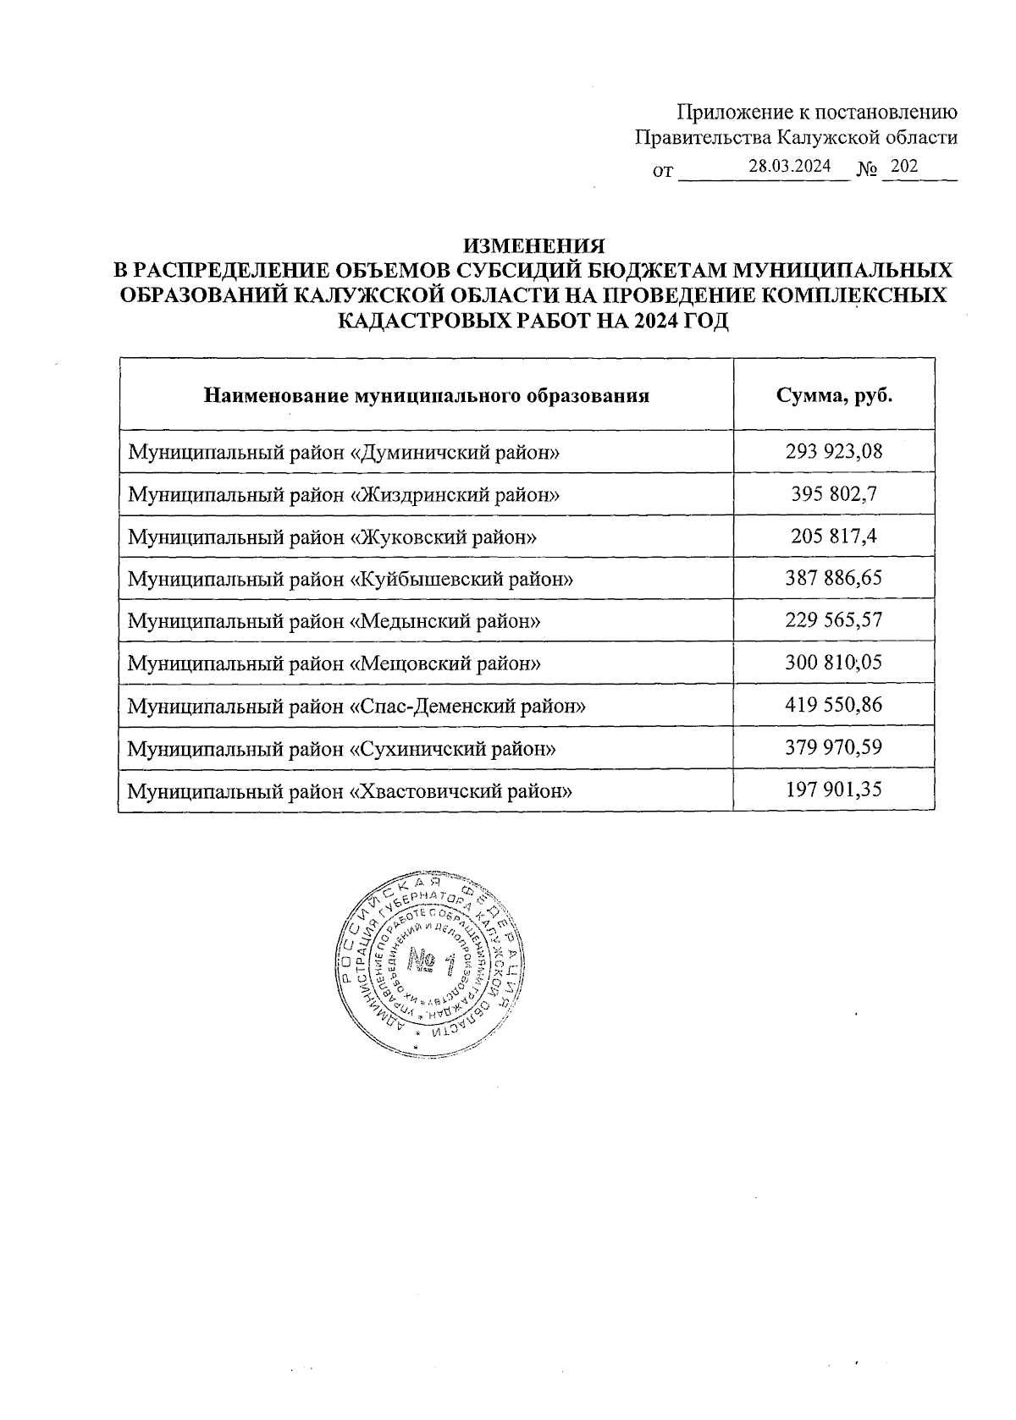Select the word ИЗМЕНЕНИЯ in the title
[x=533, y=246]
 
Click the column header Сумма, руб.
[x=834, y=395]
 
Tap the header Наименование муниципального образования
[x=427, y=395]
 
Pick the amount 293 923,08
[x=834, y=451]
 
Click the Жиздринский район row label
[x=344, y=494]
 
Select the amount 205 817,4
[x=834, y=536]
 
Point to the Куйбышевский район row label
[x=350, y=579]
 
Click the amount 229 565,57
[x=834, y=620]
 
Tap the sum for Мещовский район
[x=834, y=663]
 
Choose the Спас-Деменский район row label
[x=356, y=706]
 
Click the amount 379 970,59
[x=834, y=747]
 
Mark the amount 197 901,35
[x=834, y=790]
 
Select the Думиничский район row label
[x=344, y=452]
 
